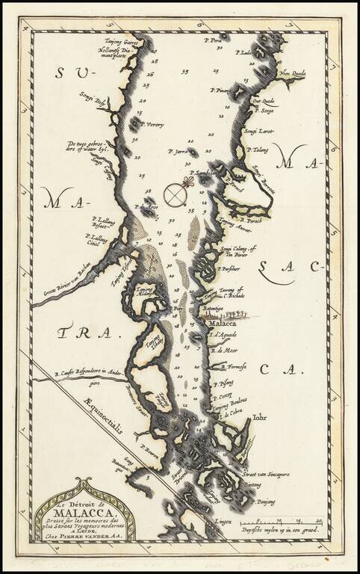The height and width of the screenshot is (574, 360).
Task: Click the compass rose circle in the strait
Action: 176,194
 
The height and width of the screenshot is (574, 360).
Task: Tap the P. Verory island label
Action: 151,123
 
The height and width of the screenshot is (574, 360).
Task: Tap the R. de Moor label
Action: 224,350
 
